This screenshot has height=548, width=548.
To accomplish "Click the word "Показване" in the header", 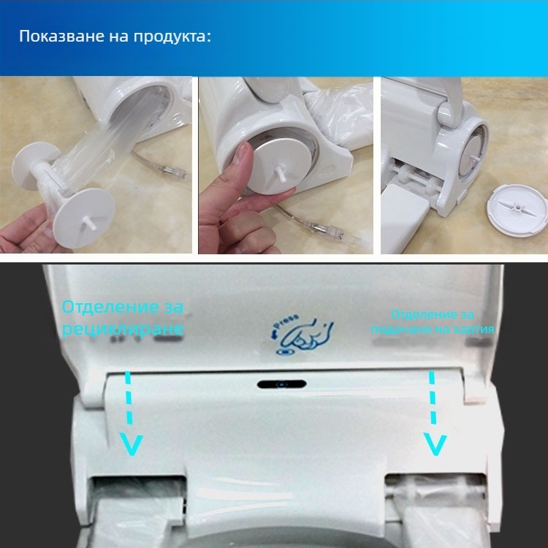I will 55,37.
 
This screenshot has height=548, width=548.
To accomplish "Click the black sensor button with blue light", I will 281,384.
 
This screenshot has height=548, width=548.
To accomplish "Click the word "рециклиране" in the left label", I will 122,330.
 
